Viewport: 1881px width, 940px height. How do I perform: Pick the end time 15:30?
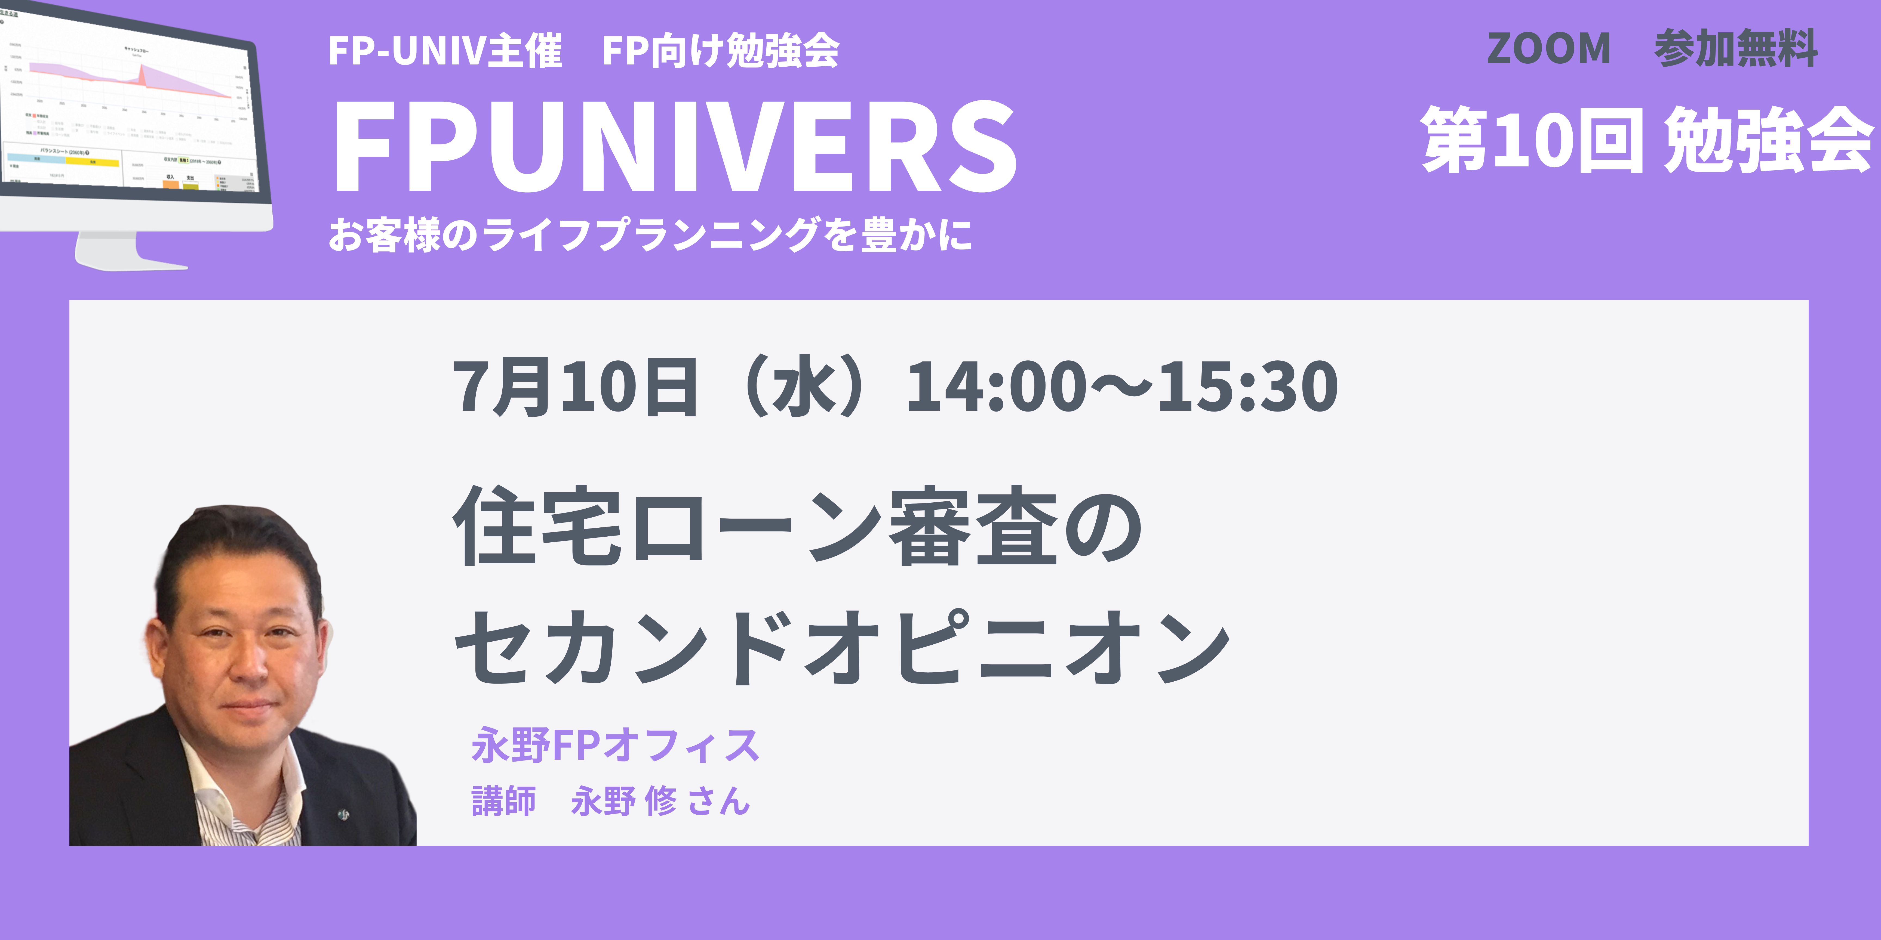tap(1249, 387)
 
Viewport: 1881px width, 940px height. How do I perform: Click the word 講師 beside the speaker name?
tap(504, 801)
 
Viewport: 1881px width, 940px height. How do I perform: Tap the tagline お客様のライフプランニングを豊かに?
tap(650, 235)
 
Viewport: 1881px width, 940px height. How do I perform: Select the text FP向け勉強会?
tap(721, 51)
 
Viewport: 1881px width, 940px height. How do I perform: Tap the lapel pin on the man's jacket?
tap(343, 814)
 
